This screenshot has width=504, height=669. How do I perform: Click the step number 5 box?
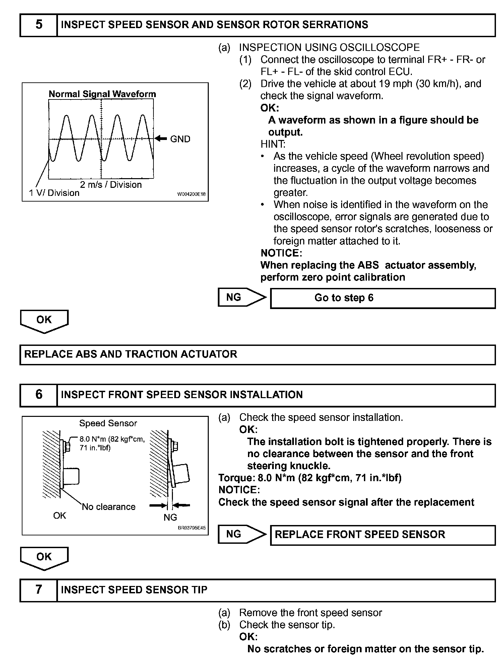(39, 25)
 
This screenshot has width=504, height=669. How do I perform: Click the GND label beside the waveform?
(180, 139)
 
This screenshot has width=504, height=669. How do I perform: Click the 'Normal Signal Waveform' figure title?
(102, 94)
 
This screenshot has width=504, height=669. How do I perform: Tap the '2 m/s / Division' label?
(111, 184)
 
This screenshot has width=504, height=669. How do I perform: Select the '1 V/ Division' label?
(54, 193)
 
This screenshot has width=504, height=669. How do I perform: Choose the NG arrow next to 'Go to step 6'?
(241, 297)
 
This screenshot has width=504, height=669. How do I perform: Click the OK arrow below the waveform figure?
(44, 321)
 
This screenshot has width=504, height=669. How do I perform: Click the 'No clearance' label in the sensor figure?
(109, 507)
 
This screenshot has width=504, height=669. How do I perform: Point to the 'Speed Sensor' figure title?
(108, 423)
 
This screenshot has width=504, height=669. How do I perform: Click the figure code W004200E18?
(191, 194)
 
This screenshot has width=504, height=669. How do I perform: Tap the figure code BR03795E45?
(192, 528)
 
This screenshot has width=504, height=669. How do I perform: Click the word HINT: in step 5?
(273, 144)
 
